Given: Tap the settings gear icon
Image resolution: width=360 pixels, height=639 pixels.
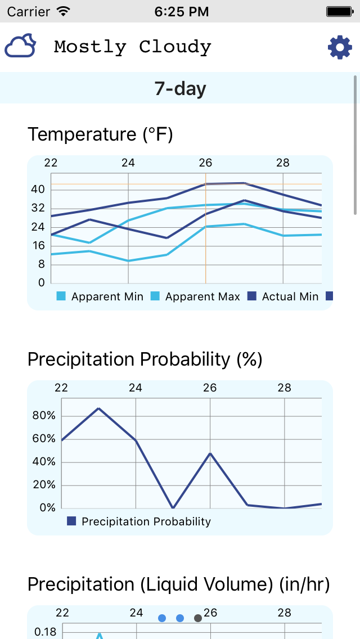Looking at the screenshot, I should [x=340, y=47].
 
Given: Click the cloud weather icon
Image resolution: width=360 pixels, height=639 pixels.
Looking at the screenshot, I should [x=21, y=46].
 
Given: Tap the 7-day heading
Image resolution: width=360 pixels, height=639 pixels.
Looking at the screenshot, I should [x=180, y=88].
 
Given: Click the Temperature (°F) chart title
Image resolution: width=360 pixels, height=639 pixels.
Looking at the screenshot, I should [x=100, y=134].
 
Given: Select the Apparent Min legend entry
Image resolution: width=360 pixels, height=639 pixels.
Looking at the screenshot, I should [x=101, y=296].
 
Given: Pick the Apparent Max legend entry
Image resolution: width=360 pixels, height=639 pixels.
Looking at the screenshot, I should [x=196, y=296].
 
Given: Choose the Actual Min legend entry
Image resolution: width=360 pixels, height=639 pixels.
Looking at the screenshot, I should [x=283, y=296].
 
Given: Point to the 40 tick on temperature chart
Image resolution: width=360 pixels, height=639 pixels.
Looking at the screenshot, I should [x=38, y=190].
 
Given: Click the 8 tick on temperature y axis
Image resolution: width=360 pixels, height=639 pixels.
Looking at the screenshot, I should [x=41, y=264].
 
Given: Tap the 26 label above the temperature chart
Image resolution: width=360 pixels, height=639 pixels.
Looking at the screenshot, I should [x=205, y=163].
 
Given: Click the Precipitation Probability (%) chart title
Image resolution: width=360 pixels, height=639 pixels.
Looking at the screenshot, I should [x=145, y=359].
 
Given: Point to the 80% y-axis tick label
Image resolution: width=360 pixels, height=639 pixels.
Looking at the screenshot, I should [x=44, y=416].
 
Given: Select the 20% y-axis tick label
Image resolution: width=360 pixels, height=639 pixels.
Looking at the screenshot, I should [x=44, y=485].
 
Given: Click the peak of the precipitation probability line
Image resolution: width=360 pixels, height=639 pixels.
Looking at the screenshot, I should [x=99, y=408].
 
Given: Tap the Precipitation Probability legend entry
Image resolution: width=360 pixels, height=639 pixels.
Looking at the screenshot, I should [x=139, y=521].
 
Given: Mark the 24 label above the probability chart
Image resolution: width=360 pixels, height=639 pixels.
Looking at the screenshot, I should [x=136, y=388].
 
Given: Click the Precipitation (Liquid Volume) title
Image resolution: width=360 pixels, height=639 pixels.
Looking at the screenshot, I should [x=178, y=584].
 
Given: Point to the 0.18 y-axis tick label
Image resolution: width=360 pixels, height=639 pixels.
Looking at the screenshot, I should [x=46, y=632].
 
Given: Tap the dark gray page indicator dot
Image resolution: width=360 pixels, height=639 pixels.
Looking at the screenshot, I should [x=198, y=618].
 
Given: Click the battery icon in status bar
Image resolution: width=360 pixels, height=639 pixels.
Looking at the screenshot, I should [x=340, y=11].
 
